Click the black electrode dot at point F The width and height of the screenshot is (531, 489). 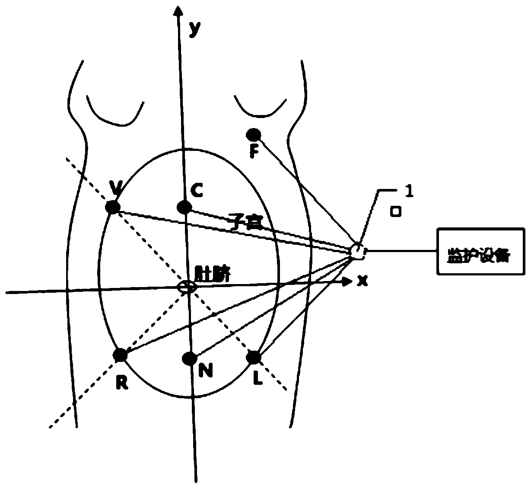click(x=253, y=134)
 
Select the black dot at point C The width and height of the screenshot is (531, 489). click(x=184, y=207)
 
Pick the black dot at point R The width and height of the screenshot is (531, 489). click(x=120, y=355)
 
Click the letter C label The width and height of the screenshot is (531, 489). click(x=197, y=190)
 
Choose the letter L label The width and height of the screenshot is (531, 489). click(x=257, y=379)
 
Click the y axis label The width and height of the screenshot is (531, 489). click(x=195, y=28)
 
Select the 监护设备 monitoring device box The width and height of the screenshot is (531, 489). click(x=481, y=251)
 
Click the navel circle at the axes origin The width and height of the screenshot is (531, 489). click(x=186, y=287)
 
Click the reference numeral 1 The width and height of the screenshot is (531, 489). click(x=408, y=192)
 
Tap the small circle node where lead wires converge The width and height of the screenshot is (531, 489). click(x=357, y=250)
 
